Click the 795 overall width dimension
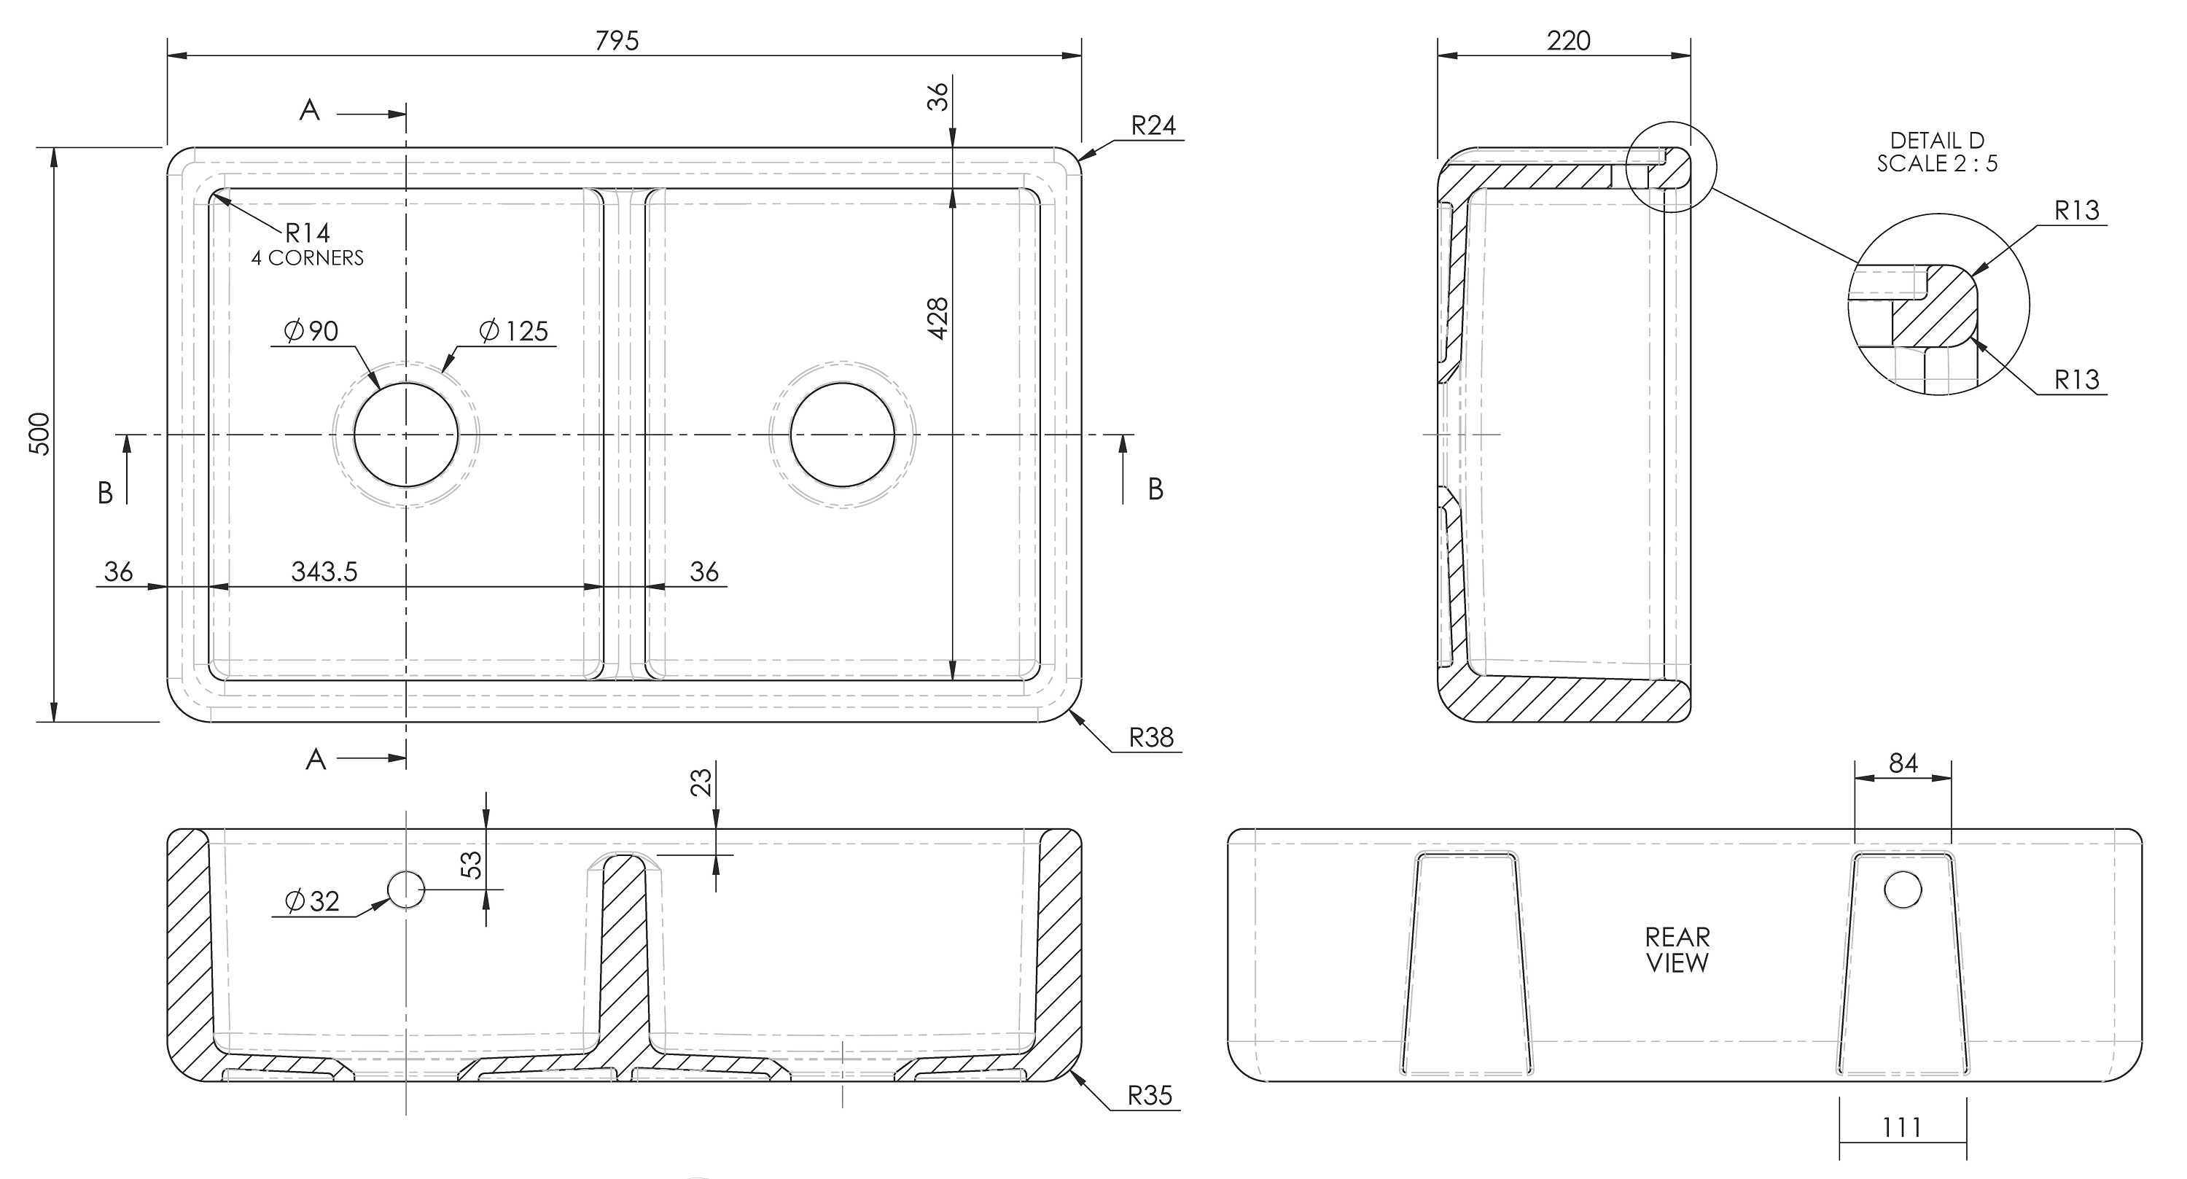pyautogui.click(x=617, y=40)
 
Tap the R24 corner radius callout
pyautogui.click(x=1153, y=125)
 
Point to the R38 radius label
pyautogui.click(x=1151, y=737)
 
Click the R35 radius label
pyautogui.click(x=1150, y=1096)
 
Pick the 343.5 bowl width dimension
pyautogui.click(x=324, y=572)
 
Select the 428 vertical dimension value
pyautogui.click(x=937, y=319)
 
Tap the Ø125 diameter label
pyautogui.click(x=515, y=330)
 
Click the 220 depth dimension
pyautogui.click(x=1568, y=40)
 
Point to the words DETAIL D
pyautogui.click(x=1936, y=140)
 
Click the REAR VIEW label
pyautogui.click(x=1677, y=949)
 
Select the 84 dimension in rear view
pyautogui.click(x=1903, y=763)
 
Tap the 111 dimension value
pyautogui.click(x=1902, y=1127)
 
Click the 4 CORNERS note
pyautogui.click(x=308, y=258)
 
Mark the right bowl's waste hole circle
pyautogui.click(x=842, y=435)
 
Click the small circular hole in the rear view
pyautogui.click(x=1903, y=890)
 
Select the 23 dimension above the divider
pyautogui.click(x=701, y=782)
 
